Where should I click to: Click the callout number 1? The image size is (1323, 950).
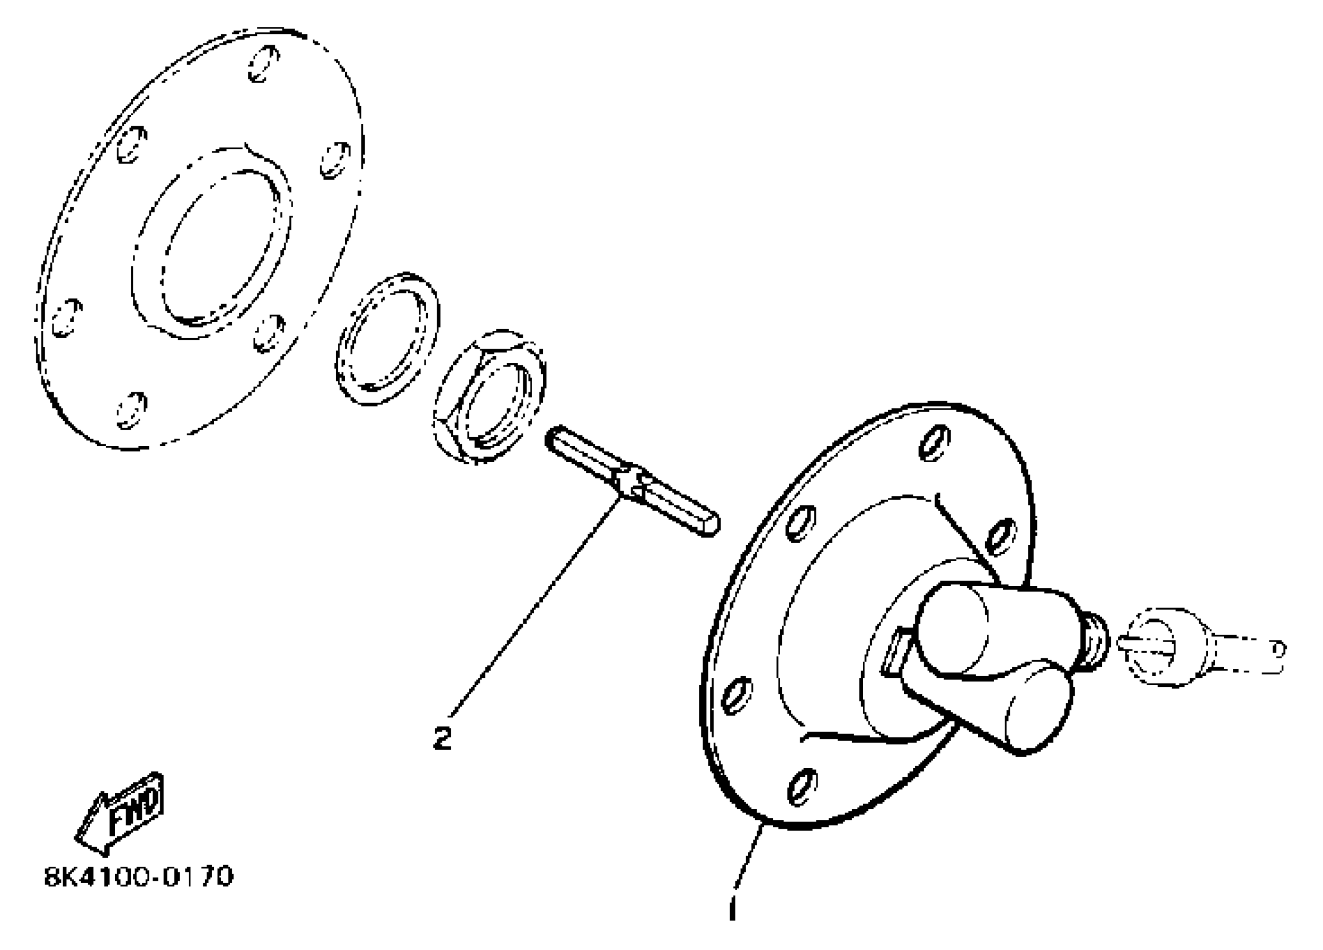tap(733, 908)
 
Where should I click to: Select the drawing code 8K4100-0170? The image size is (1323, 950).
tap(139, 876)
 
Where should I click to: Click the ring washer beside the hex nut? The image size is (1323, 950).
tap(388, 339)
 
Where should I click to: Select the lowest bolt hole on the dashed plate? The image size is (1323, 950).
tap(131, 410)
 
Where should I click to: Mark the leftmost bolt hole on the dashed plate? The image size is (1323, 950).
tap(66, 318)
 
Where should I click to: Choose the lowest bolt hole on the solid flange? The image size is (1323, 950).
tap(803, 786)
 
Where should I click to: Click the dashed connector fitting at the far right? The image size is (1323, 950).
tap(1190, 646)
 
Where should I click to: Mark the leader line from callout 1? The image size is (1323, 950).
tap(747, 863)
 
